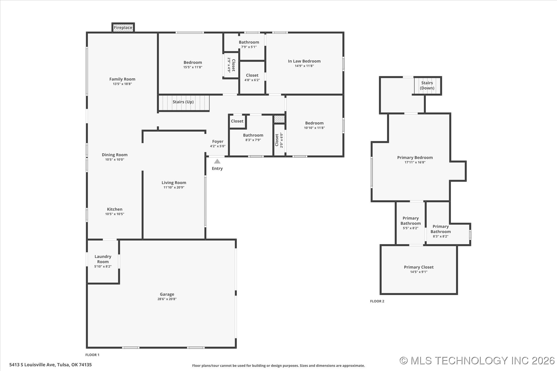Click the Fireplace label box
123,28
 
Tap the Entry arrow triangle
217,161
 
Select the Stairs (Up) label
183,102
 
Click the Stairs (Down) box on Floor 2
427,86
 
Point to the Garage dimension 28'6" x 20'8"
167,299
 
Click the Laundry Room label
103,259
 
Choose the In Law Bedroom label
304,61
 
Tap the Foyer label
218,141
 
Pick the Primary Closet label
419,267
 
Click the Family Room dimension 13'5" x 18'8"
122,84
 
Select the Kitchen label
115,209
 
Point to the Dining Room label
115,155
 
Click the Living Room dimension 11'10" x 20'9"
174,188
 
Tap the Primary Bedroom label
415,158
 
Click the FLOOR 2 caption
377,301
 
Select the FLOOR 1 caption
92,355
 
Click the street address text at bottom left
50,365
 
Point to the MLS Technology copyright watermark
477,361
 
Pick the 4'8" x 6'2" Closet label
252,77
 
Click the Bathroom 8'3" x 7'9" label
253,137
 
